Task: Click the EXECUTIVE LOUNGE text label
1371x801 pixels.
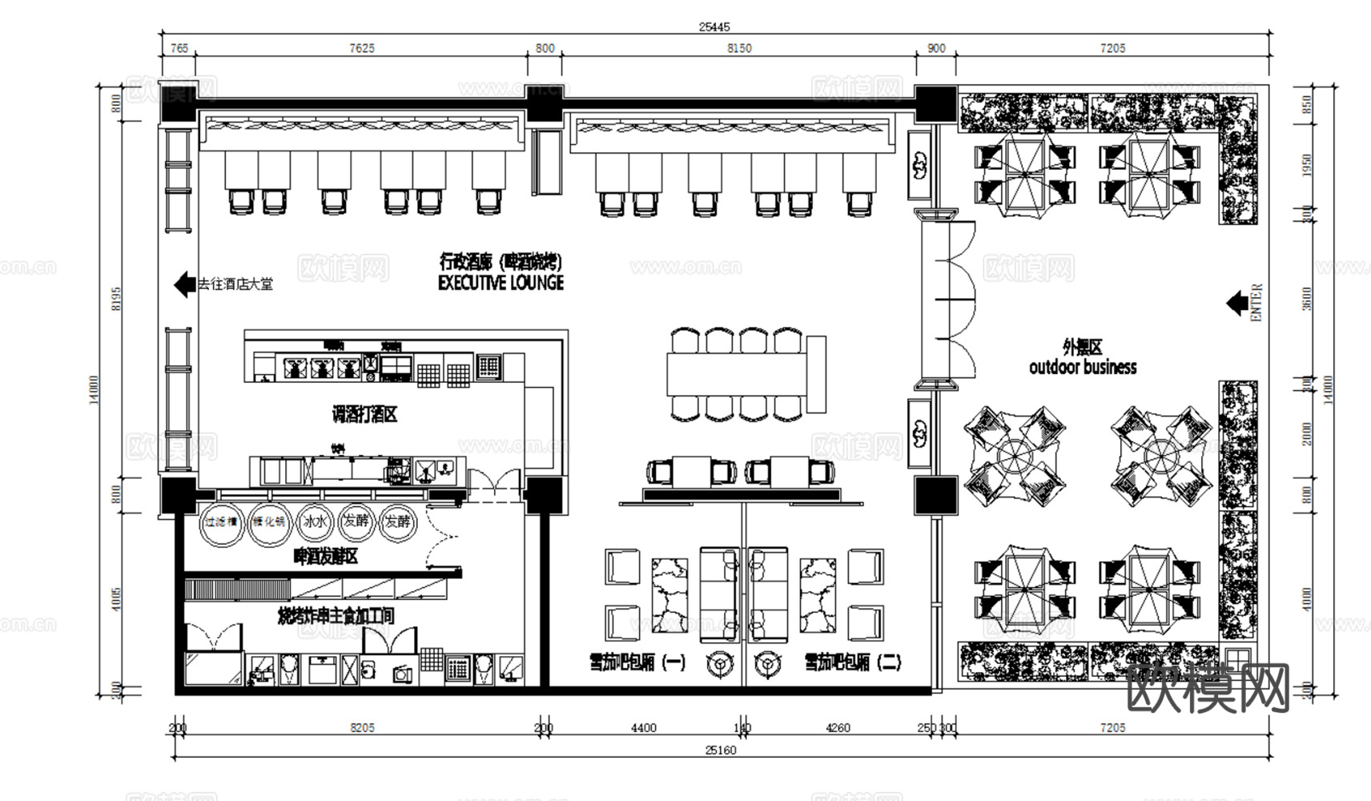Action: [501, 283]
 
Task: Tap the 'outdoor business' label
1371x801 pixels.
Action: [1083, 368]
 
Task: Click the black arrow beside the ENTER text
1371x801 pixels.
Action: [1236, 303]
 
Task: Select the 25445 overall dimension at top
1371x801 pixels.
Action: [714, 26]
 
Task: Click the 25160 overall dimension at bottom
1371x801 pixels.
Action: [720, 751]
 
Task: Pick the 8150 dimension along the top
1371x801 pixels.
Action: [738, 48]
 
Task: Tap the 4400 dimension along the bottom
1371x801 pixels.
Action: [643, 728]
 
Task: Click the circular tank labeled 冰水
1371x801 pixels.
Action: [315, 522]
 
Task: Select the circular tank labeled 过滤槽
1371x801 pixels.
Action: [221, 522]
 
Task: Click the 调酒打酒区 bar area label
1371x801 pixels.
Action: [365, 415]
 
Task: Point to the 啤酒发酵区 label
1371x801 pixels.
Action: [326, 556]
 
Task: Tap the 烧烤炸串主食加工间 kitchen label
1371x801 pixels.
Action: [336, 616]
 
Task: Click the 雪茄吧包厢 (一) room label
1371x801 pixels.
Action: [637, 662]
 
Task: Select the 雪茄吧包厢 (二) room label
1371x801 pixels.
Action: [853, 662]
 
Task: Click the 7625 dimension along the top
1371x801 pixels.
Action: [361, 48]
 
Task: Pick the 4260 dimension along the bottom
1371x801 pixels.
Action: [837, 728]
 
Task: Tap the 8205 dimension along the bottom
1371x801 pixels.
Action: [362, 728]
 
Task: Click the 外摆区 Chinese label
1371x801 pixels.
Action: [1083, 348]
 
